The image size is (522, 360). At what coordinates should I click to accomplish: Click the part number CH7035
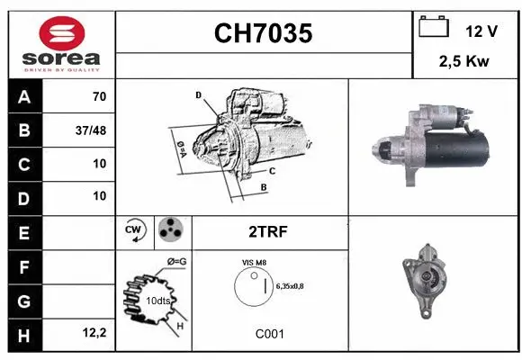(x=263, y=34)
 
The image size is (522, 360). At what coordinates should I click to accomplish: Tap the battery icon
(x=434, y=28)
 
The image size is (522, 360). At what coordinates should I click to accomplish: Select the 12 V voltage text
(x=481, y=31)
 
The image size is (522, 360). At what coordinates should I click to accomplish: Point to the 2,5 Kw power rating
(x=463, y=62)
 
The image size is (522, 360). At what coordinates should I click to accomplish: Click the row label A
(x=23, y=97)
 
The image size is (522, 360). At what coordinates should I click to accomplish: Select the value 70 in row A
(x=99, y=97)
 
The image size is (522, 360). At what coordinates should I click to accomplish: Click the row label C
(x=23, y=164)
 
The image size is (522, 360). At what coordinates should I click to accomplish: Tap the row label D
(x=23, y=195)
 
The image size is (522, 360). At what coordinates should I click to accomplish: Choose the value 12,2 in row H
(x=94, y=333)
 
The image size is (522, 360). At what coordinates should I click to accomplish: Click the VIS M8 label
(x=254, y=262)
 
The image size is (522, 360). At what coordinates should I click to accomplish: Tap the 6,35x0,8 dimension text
(x=291, y=286)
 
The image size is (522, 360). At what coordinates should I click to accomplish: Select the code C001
(x=269, y=333)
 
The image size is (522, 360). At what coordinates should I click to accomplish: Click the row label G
(x=23, y=299)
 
